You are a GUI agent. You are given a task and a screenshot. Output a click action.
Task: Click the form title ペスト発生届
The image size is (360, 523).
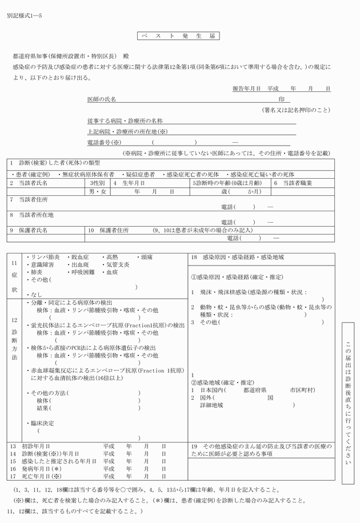click(x=179, y=36)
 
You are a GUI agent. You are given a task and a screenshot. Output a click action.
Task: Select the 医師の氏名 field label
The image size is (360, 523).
click(x=102, y=99)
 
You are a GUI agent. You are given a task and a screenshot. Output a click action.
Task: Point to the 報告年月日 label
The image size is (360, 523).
click(x=246, y=88)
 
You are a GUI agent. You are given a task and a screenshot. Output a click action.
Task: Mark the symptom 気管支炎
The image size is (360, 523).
click(x=118, y=265)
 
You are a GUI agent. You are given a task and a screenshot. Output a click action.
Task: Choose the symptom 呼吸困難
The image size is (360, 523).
click(x=78, y=272)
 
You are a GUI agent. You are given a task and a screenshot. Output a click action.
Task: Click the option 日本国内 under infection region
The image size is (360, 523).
click(x=210, y=389)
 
